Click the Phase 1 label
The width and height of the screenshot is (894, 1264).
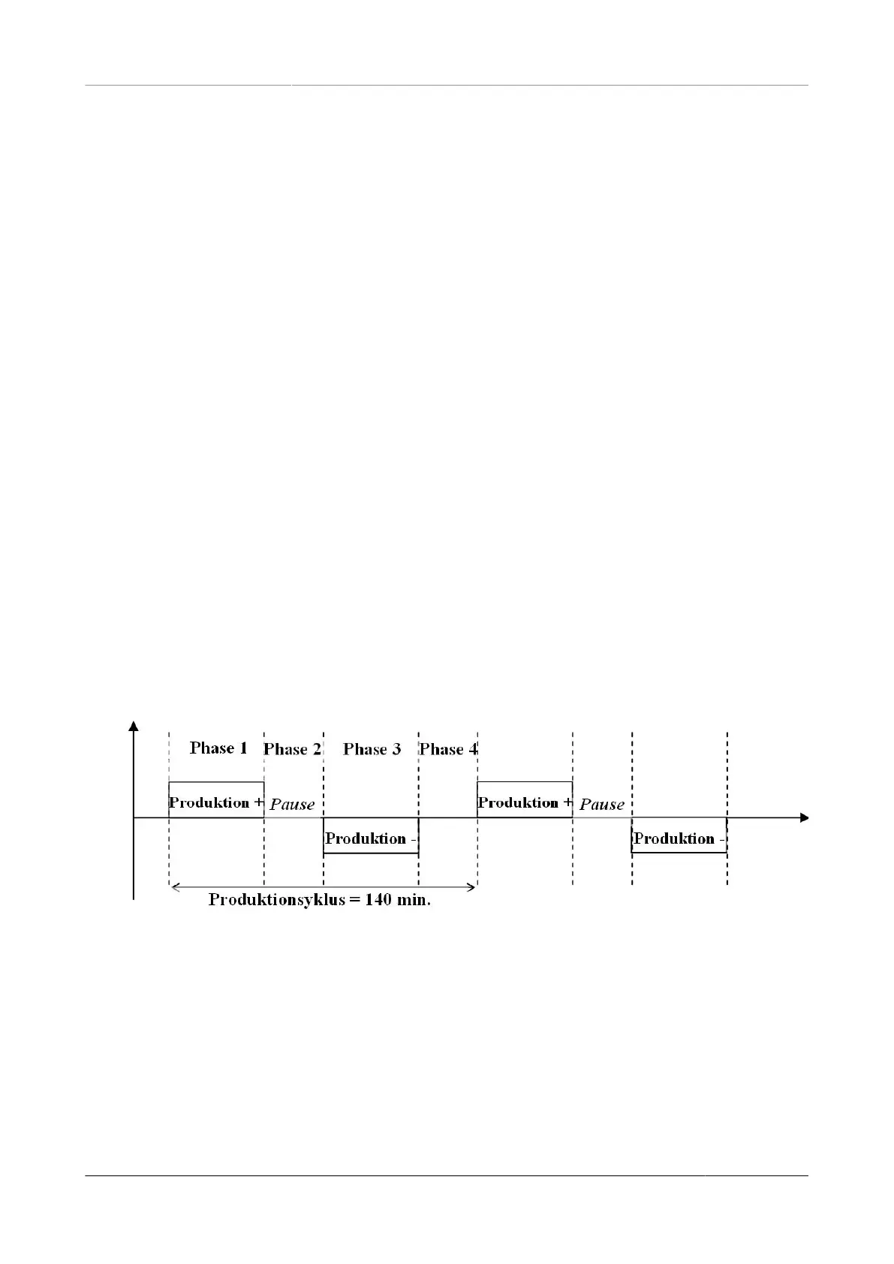218,748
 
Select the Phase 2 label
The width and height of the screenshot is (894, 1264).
292,749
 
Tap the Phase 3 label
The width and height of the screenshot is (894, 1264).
372,749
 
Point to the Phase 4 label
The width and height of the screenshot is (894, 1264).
448,749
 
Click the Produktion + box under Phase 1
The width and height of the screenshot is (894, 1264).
216,800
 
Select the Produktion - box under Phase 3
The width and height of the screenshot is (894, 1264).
371,836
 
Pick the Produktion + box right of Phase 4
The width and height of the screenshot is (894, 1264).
525,800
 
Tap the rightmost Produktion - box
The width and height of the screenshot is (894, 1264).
679,836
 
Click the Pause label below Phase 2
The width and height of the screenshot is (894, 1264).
292,805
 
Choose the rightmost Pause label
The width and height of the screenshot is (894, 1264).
602,805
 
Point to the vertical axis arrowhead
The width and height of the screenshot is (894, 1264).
134,725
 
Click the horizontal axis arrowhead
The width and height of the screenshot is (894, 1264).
804,817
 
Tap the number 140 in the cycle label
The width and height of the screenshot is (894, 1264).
378,900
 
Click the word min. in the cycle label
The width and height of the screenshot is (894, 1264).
414,900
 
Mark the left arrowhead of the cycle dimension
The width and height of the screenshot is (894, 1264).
175,887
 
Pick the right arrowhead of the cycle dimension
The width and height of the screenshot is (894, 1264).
472,887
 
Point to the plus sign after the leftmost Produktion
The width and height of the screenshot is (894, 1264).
259,802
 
